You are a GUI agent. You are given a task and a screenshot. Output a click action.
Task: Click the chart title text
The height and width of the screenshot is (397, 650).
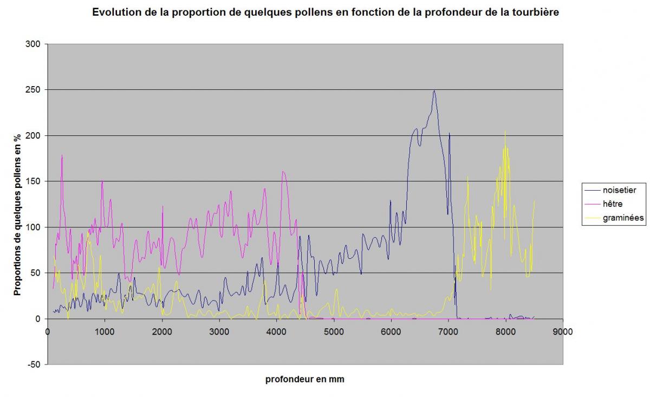(325, 12)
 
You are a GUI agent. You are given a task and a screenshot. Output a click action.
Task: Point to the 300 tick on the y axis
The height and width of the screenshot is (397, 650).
(34, 44)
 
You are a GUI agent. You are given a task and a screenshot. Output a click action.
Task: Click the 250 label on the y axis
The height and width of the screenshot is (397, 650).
(34, 89)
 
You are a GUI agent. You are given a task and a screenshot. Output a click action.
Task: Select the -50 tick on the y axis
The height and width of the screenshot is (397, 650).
(34, 365)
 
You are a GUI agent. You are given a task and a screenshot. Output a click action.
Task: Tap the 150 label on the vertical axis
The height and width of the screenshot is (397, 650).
(34, 181)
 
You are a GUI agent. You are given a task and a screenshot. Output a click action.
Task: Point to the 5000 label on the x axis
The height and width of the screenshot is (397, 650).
(334, 332)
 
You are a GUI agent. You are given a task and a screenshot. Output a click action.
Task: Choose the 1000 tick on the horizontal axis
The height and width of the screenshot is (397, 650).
(105, 332)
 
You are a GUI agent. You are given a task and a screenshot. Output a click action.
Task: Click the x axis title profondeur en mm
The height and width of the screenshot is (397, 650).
(304, 380)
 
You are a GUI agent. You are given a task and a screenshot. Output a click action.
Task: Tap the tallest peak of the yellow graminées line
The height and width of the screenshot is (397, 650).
(505, 131)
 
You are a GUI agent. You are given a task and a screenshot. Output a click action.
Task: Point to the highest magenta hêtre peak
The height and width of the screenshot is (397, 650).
(62, 155)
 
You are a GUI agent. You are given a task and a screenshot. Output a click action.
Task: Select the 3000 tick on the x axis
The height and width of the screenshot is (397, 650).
(219, 332)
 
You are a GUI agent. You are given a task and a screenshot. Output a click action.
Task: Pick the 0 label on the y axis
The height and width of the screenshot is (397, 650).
(38, 319)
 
